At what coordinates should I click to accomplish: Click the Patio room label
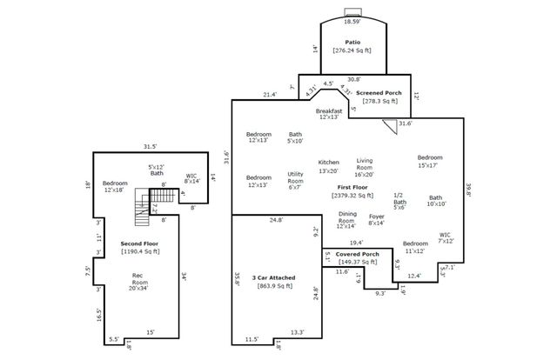pos(352,42)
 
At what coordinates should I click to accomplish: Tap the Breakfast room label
pos(329,111)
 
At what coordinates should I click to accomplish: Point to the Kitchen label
pos(328,163)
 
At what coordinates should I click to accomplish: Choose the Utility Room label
pos(295,180)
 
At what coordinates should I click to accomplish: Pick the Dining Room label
pos(347,217)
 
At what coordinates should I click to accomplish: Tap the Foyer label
pos(376,217)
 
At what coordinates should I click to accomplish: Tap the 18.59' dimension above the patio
pos(352,20)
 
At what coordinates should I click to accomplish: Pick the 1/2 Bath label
pos(399,201)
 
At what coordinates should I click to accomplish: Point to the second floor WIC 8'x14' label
pos(191,177)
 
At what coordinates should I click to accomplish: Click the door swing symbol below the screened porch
pos(390,125)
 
